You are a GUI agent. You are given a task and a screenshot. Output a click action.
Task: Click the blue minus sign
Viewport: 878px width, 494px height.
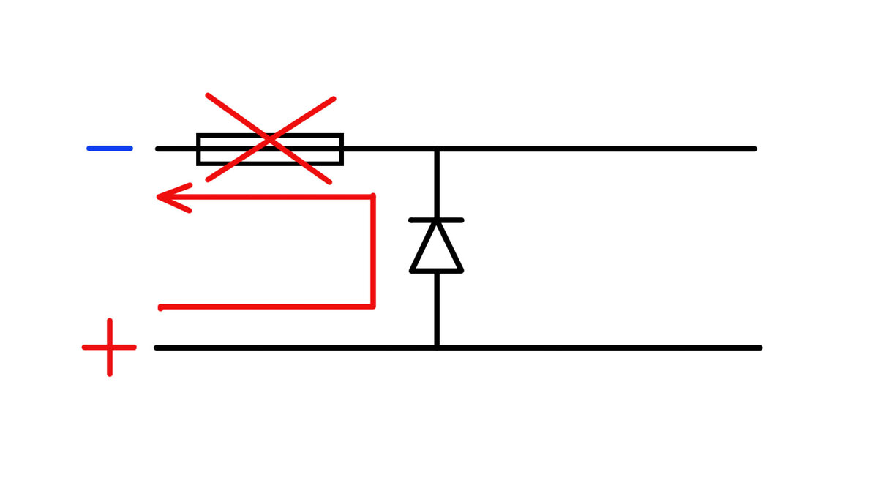coord(110,149)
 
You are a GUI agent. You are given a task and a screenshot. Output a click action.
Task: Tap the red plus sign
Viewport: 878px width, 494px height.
coord(110,347)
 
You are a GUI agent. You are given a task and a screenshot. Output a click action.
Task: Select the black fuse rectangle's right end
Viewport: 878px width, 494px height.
coord(341,149)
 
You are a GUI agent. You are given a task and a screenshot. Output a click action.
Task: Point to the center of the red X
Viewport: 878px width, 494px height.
coord(270,138)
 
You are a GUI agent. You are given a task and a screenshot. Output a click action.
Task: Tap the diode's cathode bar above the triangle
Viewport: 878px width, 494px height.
coord(437,220)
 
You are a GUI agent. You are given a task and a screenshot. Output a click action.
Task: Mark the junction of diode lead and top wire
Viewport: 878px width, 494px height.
coord(437,149)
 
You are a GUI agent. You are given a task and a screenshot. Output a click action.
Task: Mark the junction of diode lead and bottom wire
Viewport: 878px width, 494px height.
coord(437,347)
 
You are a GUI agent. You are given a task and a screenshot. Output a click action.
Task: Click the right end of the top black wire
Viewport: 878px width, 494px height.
coord(753,149)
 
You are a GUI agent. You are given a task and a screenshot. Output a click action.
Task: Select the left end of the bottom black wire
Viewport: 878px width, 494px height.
coord(158,347)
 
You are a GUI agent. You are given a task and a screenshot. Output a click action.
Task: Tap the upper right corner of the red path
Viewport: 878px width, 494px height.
coord(373,197)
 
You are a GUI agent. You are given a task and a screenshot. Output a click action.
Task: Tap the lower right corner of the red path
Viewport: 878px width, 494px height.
coord(373,305)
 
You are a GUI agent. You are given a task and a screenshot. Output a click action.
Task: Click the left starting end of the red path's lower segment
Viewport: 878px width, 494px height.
coord(162,307)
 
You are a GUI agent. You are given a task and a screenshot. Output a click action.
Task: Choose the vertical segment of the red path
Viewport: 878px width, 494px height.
coord(373,251)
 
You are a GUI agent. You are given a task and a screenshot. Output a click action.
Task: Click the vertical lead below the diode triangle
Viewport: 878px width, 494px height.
coord(437,307)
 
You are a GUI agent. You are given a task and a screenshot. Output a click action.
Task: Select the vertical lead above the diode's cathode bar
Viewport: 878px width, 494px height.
coord(437,183)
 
